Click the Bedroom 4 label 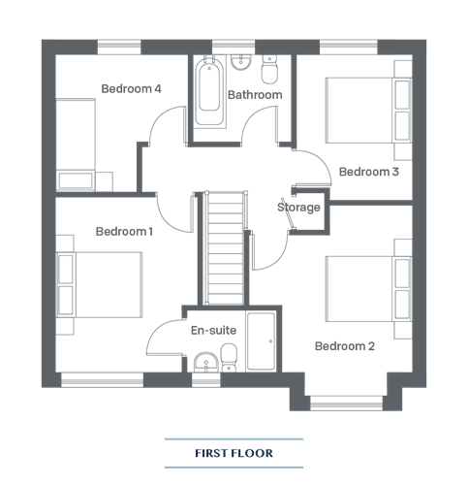tap(131, 88)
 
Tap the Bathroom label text tap(255, 95)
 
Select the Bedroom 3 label tap(369, 172)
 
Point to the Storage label tap(298, 208)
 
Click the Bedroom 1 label tap(124, 232)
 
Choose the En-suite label tap(213, 330)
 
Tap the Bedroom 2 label tap(345, 346)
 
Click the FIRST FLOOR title tap(234, 453)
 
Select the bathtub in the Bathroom tap(209, 90)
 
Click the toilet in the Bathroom tap(269, 69)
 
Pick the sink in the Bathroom tap(241, 62)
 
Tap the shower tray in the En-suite tap(261, 341)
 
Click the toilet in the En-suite tap(229, 358)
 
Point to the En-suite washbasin tap(206, 363)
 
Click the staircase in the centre tap(225, 248)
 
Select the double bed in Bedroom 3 tap(368, 111)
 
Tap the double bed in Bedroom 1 tap(99, 284)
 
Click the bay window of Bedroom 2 tap(346, 403)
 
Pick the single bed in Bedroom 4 tap(76, 145)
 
